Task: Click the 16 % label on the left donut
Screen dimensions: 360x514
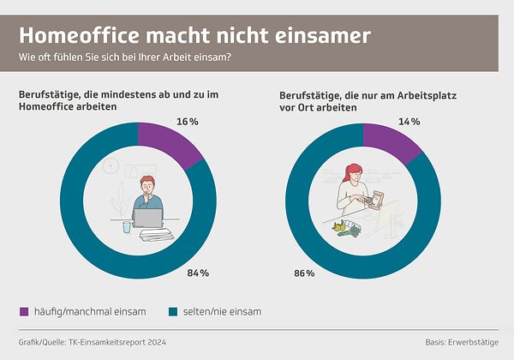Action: (188, 123)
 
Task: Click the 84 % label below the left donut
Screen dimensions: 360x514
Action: (199, 273)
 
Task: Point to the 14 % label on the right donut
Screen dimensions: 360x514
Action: (409, 122)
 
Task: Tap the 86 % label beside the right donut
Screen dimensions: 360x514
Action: (304, 273)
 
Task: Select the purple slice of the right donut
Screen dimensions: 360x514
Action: (390, 142)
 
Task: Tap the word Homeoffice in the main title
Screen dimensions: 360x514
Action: (81, 36)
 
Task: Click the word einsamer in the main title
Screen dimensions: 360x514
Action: (325, 36)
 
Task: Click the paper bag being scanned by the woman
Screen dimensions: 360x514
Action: (374, 199)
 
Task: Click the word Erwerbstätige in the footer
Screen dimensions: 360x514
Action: (471, 342)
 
